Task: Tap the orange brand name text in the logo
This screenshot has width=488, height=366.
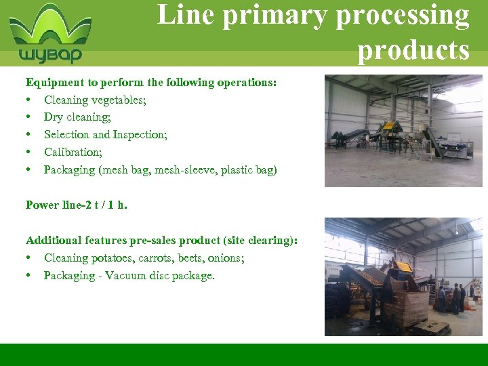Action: (x=51, y=55)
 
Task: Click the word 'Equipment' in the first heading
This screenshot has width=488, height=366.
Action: (x=55, y=83)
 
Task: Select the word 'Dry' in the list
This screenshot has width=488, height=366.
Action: (x=54, y=117)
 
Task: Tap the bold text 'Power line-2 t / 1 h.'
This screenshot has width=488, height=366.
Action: (x=76, y=205)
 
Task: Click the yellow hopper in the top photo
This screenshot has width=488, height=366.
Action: (x=389, y=127)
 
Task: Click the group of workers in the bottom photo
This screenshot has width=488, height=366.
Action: (x=450, y=298)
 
